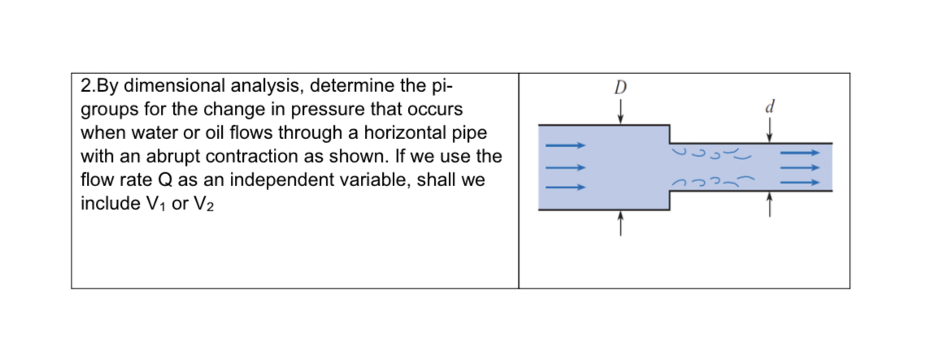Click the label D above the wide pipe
click(622, 88)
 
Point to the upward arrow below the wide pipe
click(622, 222)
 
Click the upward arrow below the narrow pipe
click(769, 205)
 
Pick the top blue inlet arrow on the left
click(564, 146)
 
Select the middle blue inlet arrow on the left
click(564, 167)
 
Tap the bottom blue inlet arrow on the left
click(564, 187)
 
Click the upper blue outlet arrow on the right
click(800, 151)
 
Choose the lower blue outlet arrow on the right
click(800, 183)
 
